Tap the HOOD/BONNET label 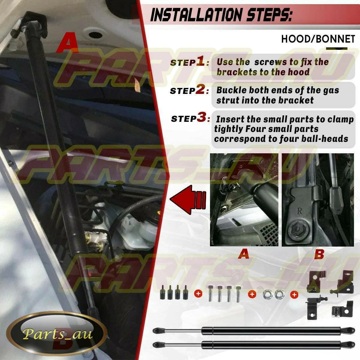tap(318, 39)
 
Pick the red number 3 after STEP tap(201, 118)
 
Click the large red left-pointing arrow tap(188, 199)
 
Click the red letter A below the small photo tap(243, 254)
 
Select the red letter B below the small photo tap(319, 254)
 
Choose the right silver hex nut tap(278, 294)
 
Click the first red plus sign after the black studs tap(198, 294)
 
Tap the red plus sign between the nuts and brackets tap(294, 295)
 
